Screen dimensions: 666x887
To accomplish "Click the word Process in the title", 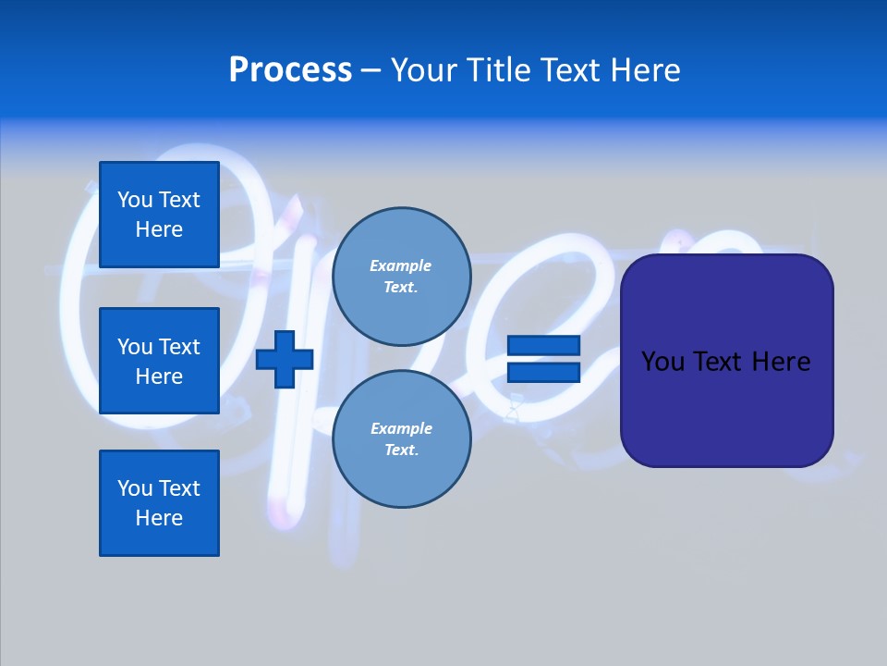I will coord(290,70).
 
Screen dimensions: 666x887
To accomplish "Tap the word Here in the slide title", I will coord(644,70).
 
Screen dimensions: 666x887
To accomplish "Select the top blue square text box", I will coord(159,215).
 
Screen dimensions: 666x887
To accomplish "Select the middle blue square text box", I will coord(159,361).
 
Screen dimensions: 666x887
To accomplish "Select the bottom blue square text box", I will coord(159,503).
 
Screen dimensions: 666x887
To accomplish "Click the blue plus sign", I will coord(285,359).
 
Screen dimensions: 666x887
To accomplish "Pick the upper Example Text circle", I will coord(401,277).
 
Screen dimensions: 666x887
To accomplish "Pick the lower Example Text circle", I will coord(401,439).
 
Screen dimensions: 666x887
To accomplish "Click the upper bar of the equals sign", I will coord(543,345).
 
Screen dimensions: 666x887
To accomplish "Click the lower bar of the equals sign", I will coord(543,373).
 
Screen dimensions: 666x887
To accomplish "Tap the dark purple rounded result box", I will coord(726,407).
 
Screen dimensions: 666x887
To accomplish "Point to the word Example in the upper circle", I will coord(401,265).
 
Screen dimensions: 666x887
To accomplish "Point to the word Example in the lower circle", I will coord(401,428).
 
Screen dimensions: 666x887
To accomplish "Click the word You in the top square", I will coord(135,200).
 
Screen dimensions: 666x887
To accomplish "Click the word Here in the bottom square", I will coord(159,518).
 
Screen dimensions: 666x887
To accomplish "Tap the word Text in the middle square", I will coord(178,347).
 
